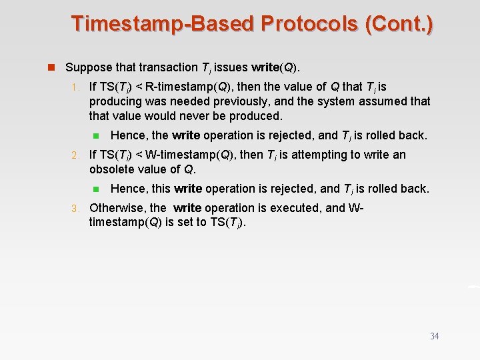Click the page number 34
tap(434, 336)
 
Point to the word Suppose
tap(87, 67)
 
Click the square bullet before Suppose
tap(49, 67)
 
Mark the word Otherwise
tap(117, 208)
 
